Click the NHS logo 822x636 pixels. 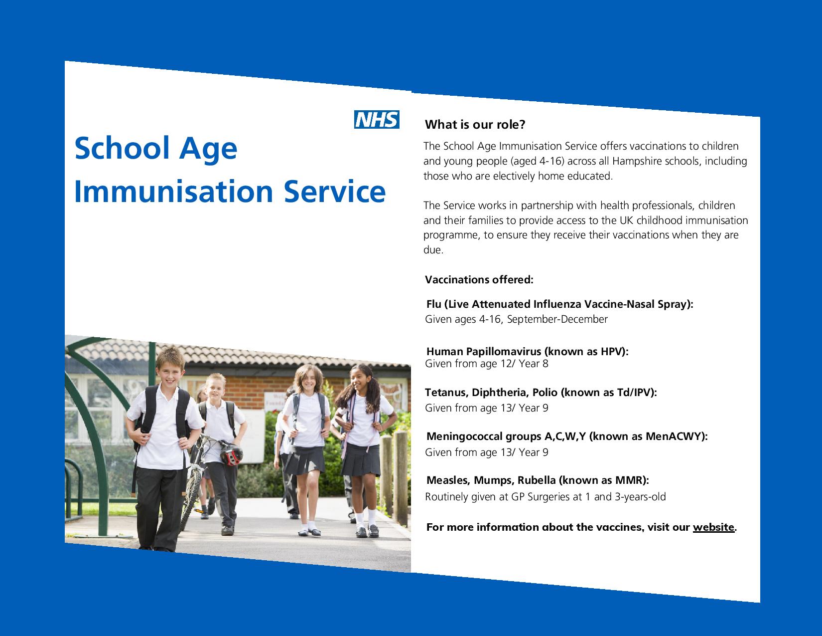point(377,120)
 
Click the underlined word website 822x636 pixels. point(713,527)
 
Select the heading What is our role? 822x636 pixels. point(475,124)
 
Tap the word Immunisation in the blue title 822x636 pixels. point(174,191)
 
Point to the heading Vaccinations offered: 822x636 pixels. point(479,279)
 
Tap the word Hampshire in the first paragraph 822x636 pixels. point(637,161)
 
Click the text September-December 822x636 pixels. point(557,319)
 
